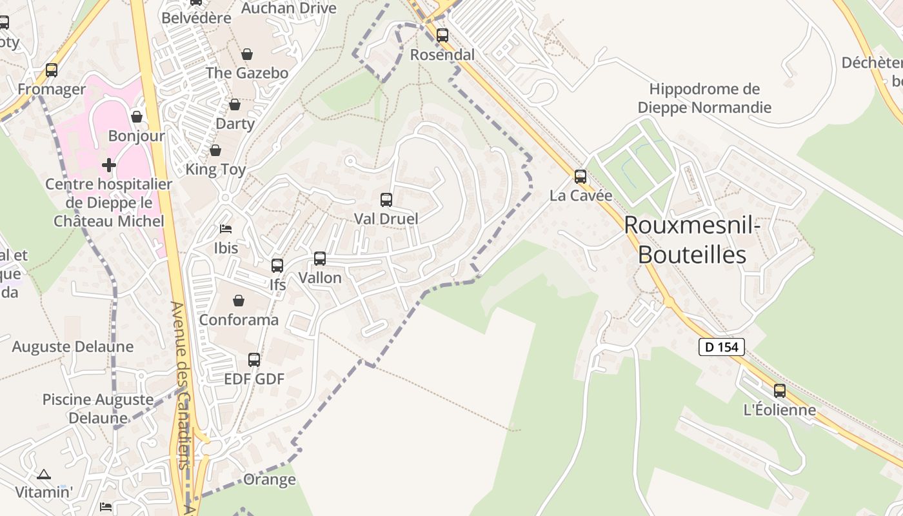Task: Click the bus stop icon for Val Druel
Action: point(386,200)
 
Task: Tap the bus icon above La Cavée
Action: point(580,176)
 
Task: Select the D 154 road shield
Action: point(722,347)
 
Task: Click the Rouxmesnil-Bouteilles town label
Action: point(692,239)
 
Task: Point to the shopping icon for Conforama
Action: point(239,301)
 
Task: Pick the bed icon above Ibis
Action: point(226,229)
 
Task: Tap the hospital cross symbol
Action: point(109,165)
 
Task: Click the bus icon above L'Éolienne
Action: point(780,390)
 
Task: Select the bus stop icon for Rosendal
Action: point(442,35)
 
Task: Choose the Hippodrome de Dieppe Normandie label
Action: point(704,98)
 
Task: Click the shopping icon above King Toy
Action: point(215,150)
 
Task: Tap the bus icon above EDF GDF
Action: point(254,360)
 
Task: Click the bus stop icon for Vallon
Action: point(320,259)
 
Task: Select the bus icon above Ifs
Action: point(277,265)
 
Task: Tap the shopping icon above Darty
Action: point(235,104)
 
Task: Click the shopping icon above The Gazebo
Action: point(247,54)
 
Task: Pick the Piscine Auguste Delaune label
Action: point(98,408)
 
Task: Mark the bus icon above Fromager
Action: point(52,70)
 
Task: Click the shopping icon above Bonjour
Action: point(137,117)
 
